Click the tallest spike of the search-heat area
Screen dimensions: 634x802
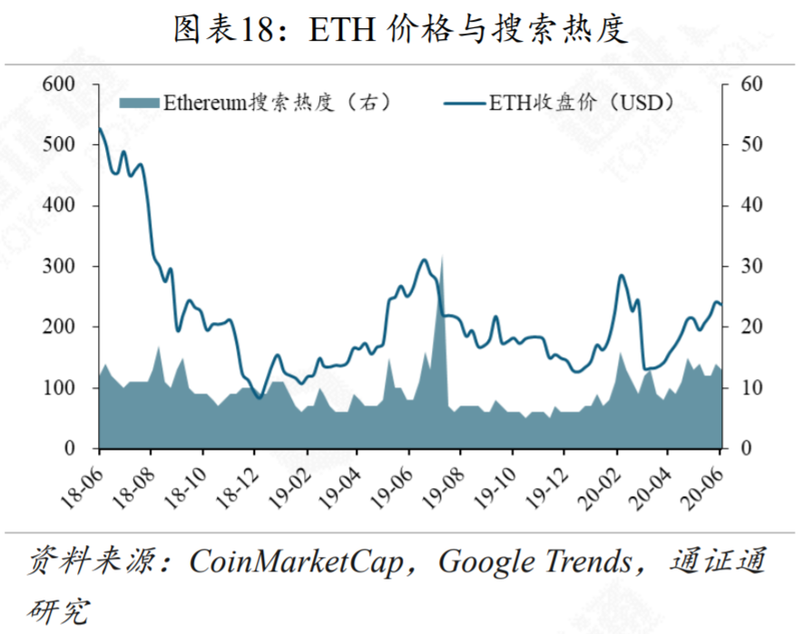(x=442, y=258)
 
